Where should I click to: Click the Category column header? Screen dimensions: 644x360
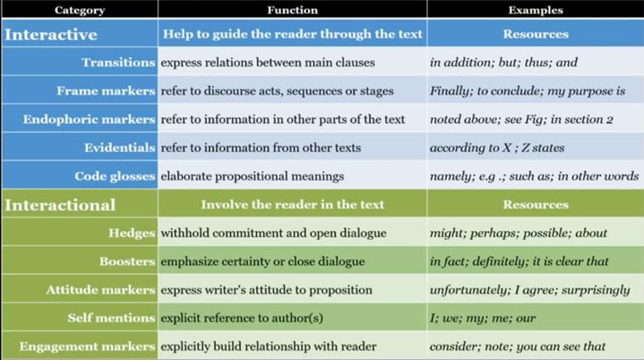80,10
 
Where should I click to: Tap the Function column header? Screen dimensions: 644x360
292,10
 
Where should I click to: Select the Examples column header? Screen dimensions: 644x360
536,10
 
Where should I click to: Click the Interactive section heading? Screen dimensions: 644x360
51,35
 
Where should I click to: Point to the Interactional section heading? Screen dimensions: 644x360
60,205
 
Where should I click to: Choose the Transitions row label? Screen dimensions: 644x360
118,63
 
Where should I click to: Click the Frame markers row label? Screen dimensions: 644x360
106,91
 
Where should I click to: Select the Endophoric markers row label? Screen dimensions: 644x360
89,119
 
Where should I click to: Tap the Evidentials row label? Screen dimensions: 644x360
120,148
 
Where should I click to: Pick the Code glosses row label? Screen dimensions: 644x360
115,177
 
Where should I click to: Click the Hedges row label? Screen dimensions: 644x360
132,233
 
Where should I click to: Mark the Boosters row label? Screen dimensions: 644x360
127,262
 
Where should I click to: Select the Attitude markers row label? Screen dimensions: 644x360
101,290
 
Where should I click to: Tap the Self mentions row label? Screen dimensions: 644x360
111,318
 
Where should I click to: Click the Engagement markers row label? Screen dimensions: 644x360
87,347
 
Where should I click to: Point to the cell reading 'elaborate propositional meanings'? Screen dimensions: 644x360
252,177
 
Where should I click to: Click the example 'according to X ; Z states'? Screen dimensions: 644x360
497,148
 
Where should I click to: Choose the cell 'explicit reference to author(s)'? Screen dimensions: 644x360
241,318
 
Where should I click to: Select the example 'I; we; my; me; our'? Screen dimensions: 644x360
483,318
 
